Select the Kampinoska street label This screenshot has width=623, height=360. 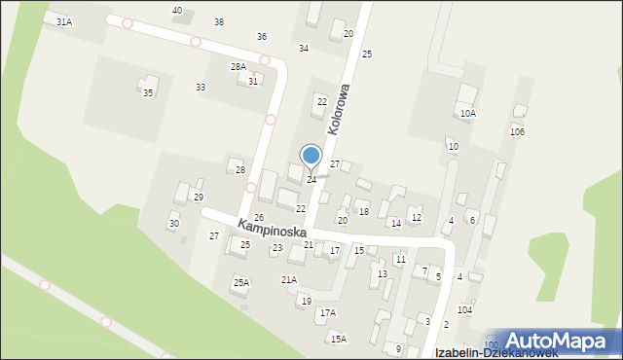click(271, 231)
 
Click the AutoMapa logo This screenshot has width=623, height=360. click(564, 342)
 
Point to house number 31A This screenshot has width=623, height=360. click(64, 20)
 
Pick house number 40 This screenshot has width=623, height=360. click(177, 10)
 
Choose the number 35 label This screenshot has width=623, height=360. click(148, 92)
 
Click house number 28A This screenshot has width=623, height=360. click(238, 66)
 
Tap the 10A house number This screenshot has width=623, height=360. click(468, 113)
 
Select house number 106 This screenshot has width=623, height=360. click(517, 131)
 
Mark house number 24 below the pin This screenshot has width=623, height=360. click(311, 180)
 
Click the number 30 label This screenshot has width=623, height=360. click(174, 224)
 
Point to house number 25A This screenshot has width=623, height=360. click(240, 282)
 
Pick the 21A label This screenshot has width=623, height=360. click(289, 279)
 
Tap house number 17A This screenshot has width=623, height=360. click(328, 312)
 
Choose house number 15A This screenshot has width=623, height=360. click(338, 339)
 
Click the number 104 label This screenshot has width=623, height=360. click(465, 309)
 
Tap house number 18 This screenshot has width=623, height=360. click(363, 211)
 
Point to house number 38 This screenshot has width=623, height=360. click(219, 21)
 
